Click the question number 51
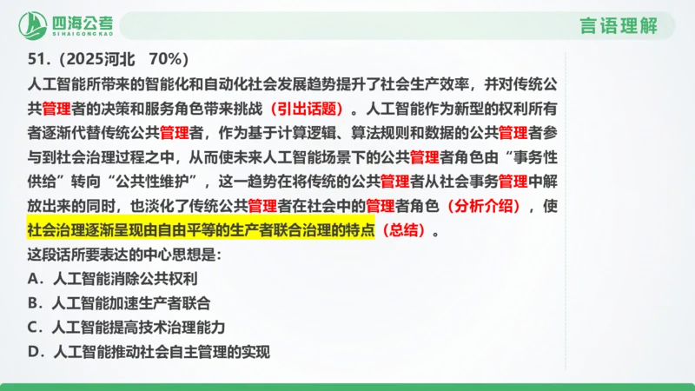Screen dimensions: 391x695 36,60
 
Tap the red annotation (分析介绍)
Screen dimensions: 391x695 486,208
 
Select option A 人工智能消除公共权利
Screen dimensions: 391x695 113,280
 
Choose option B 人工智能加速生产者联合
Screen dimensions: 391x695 119,304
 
